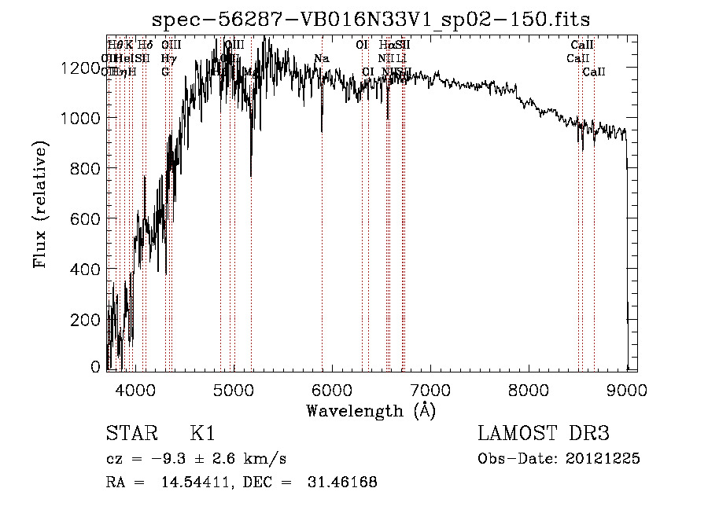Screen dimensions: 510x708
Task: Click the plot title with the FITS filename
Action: [x=371, y=18]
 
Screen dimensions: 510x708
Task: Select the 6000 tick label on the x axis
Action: [x=331, y=389]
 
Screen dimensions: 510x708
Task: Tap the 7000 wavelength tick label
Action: [x=430, y=389]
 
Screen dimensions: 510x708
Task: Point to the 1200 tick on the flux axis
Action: [x=81, y=68]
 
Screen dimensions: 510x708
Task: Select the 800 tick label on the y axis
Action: [x=87, y=168]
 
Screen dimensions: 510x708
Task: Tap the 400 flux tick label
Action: [x=87, y=269]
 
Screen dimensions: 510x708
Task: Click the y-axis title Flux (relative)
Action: [x=42, y=204]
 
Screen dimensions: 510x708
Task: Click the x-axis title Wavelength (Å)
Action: [x=371, y=410]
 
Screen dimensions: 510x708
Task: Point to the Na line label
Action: [x=321, y=59]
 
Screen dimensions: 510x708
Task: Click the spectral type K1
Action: [x=202, y=434]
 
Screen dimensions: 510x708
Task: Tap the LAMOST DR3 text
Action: [x=544, y=434]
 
